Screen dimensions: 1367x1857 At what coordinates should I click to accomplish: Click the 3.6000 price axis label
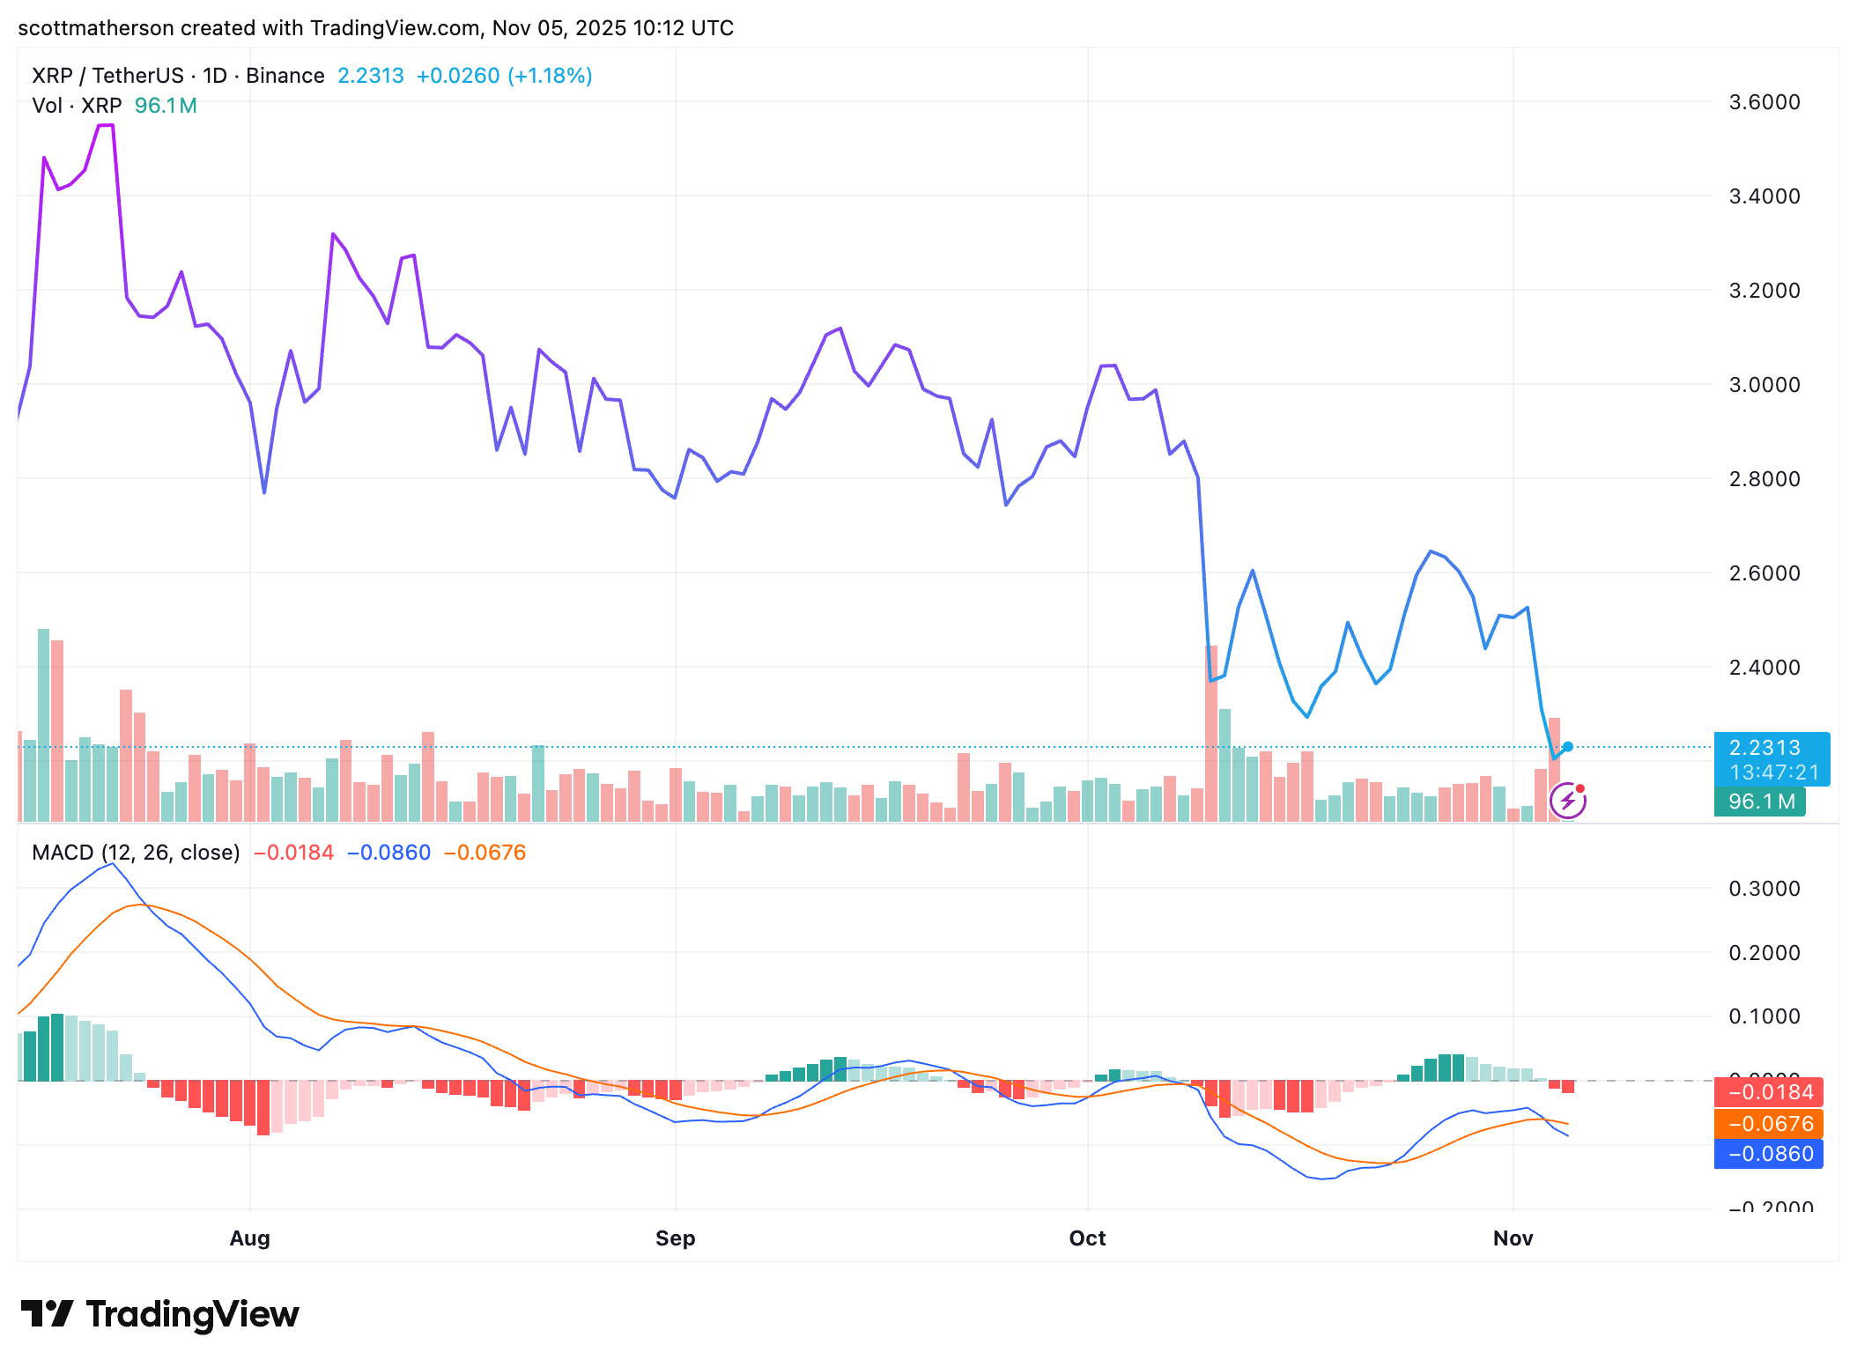(1764, 102)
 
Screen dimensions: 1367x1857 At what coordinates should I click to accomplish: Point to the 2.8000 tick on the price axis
(1764, 479)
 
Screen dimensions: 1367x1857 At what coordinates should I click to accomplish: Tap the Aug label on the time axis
(249, 1238)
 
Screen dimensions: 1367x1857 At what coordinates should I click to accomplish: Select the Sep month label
(675, 1238)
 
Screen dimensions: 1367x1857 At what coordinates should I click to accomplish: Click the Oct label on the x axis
(1087, 1238)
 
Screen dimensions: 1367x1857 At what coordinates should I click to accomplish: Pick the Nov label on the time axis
(1513, 1238)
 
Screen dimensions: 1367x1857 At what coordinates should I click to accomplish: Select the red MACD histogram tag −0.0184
(1770, 1092)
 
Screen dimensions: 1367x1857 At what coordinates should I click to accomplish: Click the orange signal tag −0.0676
(1770, 1124)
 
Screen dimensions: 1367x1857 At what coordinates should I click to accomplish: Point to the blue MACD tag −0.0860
(1770, 1154)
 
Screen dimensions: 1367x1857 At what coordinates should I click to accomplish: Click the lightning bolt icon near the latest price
(1567, 801)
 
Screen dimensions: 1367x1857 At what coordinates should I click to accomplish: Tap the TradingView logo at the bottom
(160, 1314)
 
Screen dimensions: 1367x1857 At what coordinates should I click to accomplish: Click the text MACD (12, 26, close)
(136, 853)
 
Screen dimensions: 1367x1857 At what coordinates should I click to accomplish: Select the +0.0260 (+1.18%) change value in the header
(504, 76)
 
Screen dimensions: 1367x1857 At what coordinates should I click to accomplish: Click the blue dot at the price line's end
(1568, 747)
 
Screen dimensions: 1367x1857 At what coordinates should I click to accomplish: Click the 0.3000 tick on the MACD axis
(1764, 889)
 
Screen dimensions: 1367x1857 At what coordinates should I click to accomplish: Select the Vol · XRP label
(77, 106)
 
